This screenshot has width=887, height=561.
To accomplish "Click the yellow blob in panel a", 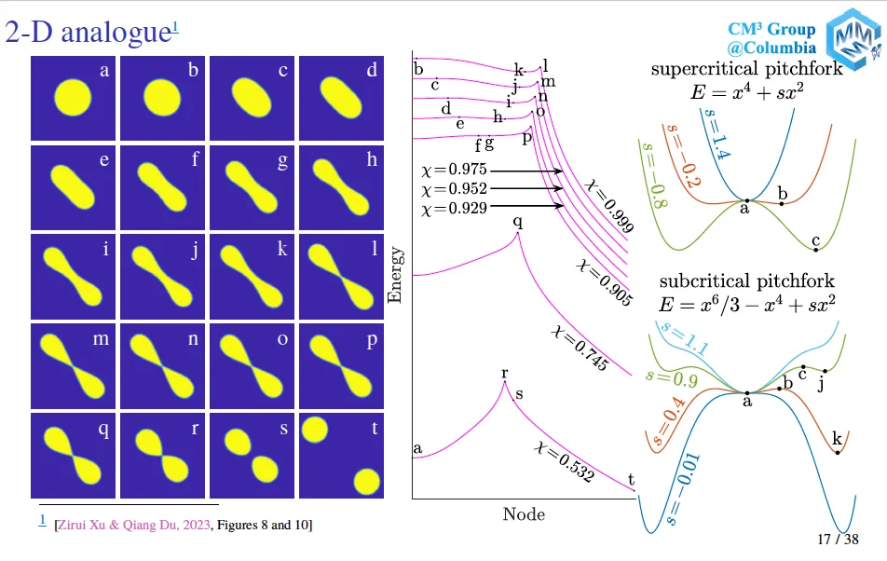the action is click(x=73, y=97).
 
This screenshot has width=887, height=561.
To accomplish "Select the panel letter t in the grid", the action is click(x=375, y=428).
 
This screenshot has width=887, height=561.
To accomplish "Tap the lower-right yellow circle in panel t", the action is click(x=366, y=482).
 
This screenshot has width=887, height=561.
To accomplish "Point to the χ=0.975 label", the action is click(x=455, y=169).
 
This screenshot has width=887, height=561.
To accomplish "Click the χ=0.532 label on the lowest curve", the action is click(x=564, y=462).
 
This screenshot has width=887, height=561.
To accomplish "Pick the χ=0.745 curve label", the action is click(x=580, y=348).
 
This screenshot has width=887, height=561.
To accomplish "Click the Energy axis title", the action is click(x=395, y=275).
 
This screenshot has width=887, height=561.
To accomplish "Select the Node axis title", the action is click(x=524, y=514).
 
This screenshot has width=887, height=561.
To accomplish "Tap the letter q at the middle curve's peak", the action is click(x=518, y=221).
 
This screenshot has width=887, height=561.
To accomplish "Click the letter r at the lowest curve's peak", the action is click(x=505, y=373).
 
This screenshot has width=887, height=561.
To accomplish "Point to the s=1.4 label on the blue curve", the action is click(x=716, y=134).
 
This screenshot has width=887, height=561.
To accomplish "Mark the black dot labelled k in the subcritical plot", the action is click(x=838, y=452).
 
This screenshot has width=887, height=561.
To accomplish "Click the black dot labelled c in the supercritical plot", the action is click(x=816, y=250).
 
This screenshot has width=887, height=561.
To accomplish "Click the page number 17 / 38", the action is click(x=838, y=539).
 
